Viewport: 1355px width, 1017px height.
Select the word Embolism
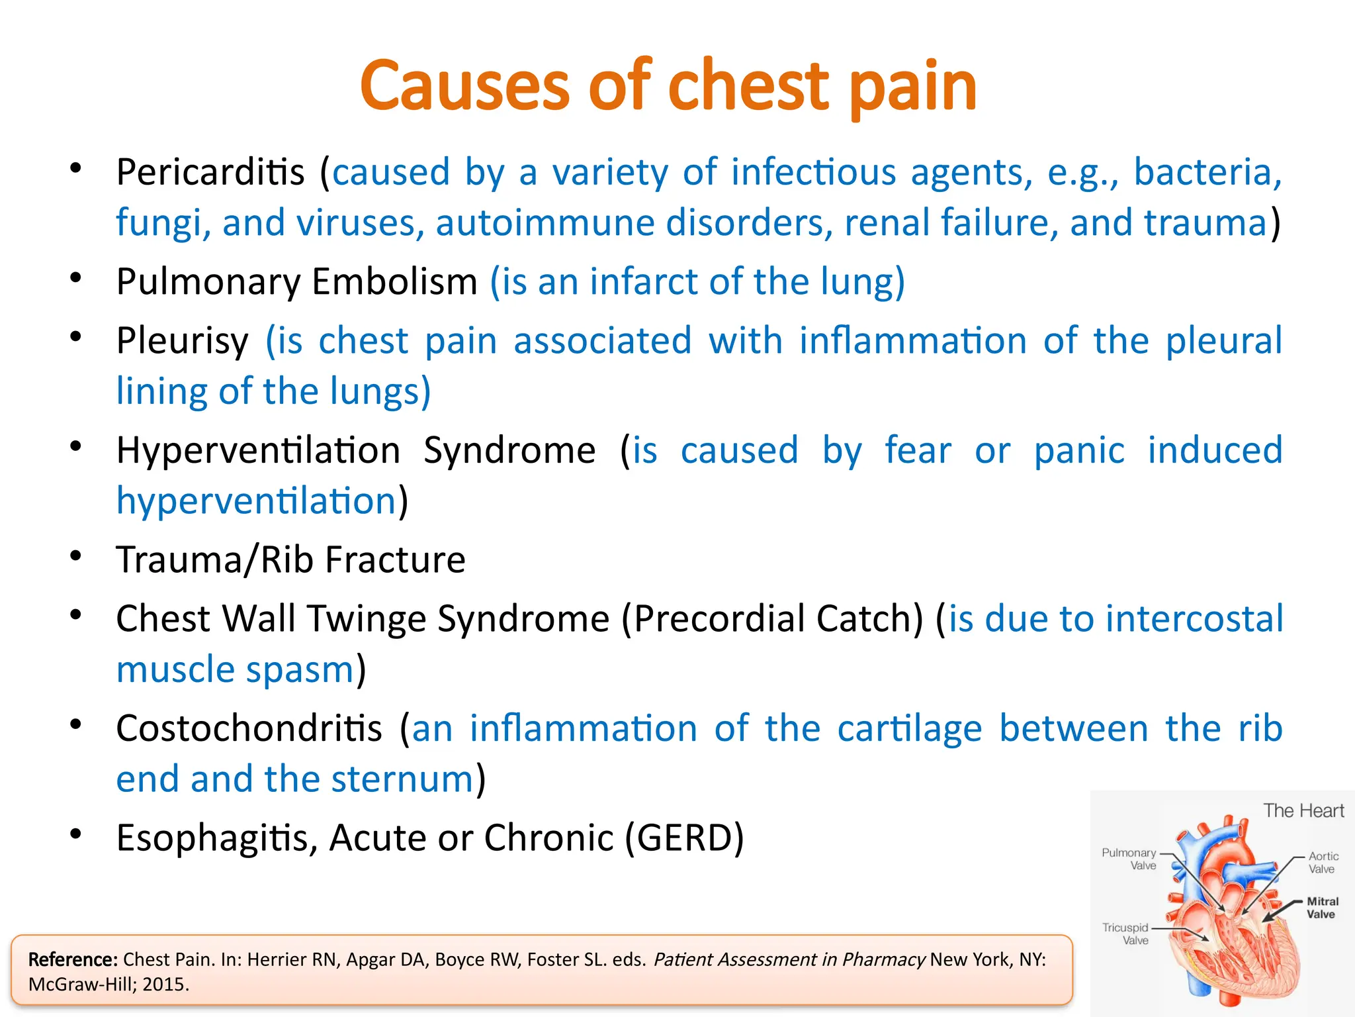(394, 281)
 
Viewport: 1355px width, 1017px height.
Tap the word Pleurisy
(183, 341)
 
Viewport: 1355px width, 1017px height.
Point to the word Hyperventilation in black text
(258, 451)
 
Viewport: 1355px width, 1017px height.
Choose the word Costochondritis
(249, 728)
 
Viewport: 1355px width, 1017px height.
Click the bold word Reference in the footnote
(73, 959)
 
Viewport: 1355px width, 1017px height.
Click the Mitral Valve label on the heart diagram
(1321, 908)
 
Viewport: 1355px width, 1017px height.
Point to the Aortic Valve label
(1323, 863)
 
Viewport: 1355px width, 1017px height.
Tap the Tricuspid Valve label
(1125, 934)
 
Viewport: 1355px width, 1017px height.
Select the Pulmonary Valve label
(1129, 859)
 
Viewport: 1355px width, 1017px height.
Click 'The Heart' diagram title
(1303, 810)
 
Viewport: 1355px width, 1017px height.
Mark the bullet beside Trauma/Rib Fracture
(76, 556)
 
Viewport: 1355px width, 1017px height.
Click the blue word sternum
(402, 779)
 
